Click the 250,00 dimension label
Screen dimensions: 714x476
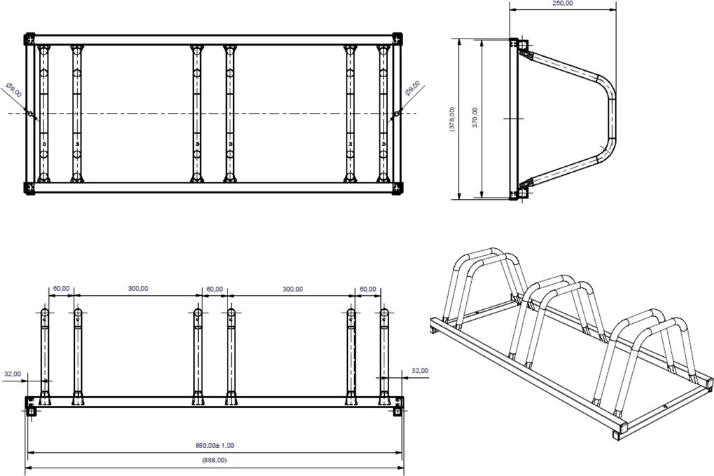pyautogui.click(x=563, y=4)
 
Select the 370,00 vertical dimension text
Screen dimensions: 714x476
pyautogui.click(x=475, y=118)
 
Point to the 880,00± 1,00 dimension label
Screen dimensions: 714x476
pyautogui.click(x=215, y=445)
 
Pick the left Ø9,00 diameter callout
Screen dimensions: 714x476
pyautogui.click(x=14, y=90)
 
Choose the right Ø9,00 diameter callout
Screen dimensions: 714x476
pyautogui.click(x=412, y=88)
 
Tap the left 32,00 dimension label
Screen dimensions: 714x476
pyautogui.click(x=13, y=374)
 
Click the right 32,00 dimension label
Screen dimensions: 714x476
pyautogui.click(x=420, y=371)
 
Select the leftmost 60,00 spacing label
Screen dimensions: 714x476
pyautogui.click(x=62, y=288)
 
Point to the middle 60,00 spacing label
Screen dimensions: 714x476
pyautogui.click(x=215, y=289)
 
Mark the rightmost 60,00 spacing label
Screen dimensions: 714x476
pyautogui.click(x=368, y=289)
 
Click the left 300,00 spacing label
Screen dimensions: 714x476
pyautogui.click(x=138, y=288)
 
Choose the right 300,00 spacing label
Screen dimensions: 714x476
pyautogui.click(x=293, y=289)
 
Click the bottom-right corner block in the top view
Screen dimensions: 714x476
pyautogui.click(x=397, y=189)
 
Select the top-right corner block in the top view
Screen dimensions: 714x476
pyautogui.click(x=397, y=38)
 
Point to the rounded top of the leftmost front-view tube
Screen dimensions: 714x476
pyautogui.click(x=45, y=313)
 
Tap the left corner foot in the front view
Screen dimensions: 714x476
pyautogui.click(x=31, y=412)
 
